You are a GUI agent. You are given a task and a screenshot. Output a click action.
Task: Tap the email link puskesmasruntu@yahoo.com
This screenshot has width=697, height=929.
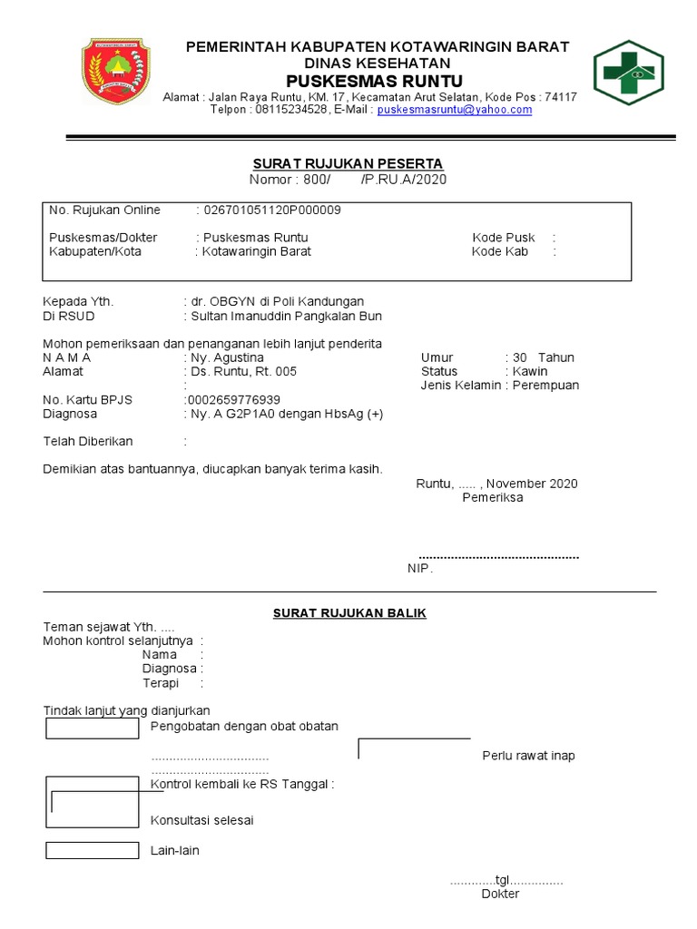(x=455, y=110)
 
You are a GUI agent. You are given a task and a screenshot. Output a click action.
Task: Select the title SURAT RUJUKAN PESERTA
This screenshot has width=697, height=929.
(x=348, y=163)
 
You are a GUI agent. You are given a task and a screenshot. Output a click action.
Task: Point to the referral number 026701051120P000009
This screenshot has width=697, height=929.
(x=270, y=210)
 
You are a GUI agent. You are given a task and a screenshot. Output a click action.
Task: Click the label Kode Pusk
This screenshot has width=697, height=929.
(x=504, y=238)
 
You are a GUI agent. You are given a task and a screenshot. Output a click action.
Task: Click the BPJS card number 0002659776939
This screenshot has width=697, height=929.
(x=232, y=400)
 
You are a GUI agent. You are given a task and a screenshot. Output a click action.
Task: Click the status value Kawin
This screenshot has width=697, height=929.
(x=530, y=371)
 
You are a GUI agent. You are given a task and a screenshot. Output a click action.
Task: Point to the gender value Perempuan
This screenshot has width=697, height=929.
(x=545, y=386)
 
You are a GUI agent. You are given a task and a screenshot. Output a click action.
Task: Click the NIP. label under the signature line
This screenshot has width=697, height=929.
(x=420, y=569)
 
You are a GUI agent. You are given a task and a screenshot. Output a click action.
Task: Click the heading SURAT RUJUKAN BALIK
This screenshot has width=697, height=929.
(x=349, y=613)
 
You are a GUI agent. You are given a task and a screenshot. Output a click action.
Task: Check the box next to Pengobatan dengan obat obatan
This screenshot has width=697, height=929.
(x=92, y=728)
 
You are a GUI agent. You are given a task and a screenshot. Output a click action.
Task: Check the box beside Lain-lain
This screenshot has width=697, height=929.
(x=92, y=851)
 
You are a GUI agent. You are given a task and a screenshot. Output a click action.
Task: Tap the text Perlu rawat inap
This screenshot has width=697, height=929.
(x=528, y=756)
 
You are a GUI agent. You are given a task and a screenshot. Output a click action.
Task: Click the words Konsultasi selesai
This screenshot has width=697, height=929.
(x=201, y=821)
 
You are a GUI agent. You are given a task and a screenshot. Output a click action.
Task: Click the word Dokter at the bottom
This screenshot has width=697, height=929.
(x=500, y=895)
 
